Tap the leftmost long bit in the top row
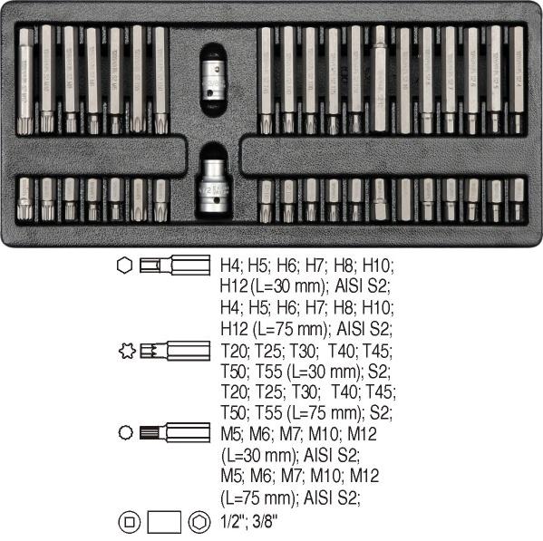tap(25, 82)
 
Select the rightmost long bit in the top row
tap(517, 80)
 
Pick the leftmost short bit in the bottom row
tap(25, 198)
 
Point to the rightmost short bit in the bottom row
tap(518, 199)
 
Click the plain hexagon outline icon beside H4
tap(124, 266)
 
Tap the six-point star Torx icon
tap(127, 351)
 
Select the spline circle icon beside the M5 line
tap(125, 432)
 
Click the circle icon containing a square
tap(129, 522)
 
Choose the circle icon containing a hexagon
tap(199, 522)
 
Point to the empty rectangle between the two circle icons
tap(164, 522)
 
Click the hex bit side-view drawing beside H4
tap(175, 266)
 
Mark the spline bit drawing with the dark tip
tap(175, 432)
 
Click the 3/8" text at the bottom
tap(265, 521)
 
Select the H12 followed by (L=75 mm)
tap(234, 328)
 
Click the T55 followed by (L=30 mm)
tap(269, 372)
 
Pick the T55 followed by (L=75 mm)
tap(269, 412)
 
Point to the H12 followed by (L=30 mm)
tap(234, 286)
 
